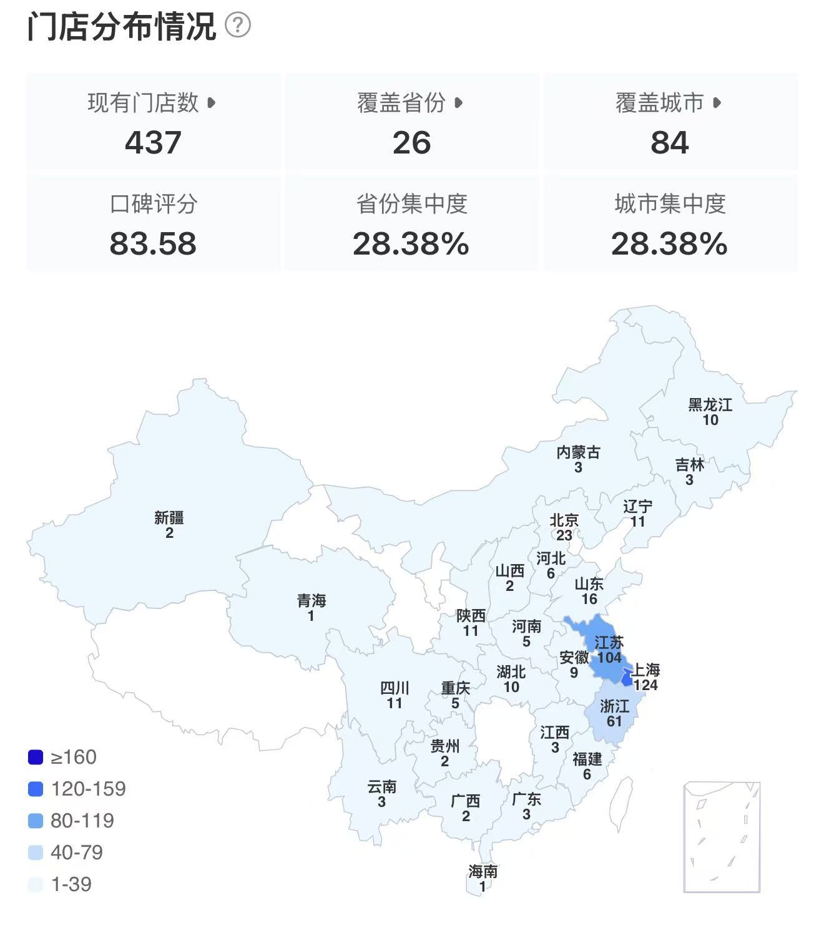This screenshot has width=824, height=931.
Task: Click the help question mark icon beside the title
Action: pyautogui.click(x=238, y=26)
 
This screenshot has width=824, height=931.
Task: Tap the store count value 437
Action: pyautogui.click(x=153, y=143)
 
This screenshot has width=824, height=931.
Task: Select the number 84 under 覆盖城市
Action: pyautogui.click(x=669, y=143)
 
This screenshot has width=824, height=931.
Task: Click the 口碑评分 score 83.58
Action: pyautogui.click(x=153, y=244)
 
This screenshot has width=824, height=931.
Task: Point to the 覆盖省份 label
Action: pyautogui.click(x=401, y=103)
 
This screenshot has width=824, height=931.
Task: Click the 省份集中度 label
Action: pyautogui.click(x=411, y=204)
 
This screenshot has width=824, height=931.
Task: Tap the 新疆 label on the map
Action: pyautogui.click(x=169, y=517)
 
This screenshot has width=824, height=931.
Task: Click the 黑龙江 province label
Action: pyautogui.click(x=710, y=405)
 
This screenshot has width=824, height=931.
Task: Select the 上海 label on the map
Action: pyautogui.click(x=645, y=670)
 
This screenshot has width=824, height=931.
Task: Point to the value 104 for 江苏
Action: pyautogui.click(x=609, y=658)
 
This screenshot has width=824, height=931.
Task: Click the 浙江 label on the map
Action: pyautogui.click(x=614, y=706)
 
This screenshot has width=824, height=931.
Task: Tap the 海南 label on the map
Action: pyautogui.click(x=483, y=871)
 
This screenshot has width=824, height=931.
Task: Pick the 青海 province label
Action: pyautogui.click(x=311, y=601)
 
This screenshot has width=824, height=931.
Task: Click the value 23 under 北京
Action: pyautogui.click(x=564, y=535)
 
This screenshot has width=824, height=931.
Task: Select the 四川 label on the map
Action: pyautogui.click(x=395, y=688)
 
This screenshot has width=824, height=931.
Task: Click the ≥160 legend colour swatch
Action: pyautogui.click(x=36, y=758)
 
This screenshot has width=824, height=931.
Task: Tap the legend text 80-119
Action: pyautogui.click(x=82, y=821)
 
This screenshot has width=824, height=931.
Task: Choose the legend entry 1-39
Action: pyautogui.click(x=71, y=884)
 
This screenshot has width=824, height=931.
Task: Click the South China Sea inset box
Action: pyautogui.click(x=722, y=837)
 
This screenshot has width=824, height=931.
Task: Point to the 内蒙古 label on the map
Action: pyautogui.click(x=578, y=452)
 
